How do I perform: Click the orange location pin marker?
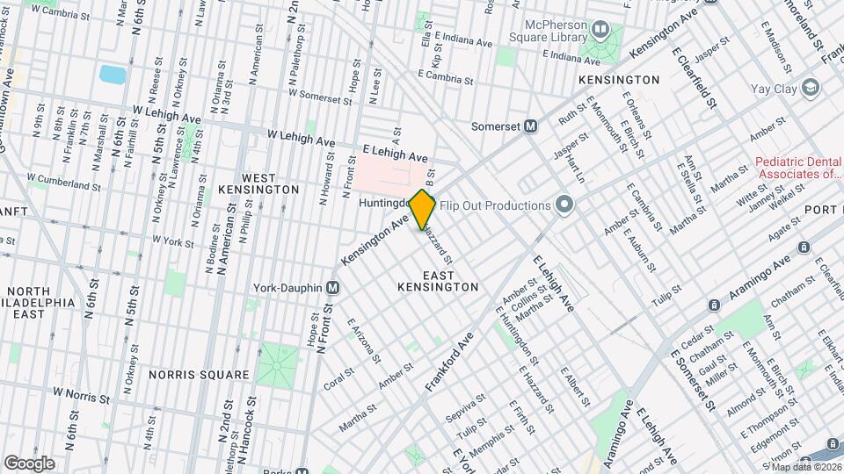[x=423, y=209]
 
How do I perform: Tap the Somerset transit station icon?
[x=531, y=126]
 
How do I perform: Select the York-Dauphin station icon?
[x=332, y=287]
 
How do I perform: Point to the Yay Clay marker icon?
[x=810, y=88]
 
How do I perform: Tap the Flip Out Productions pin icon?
[x=564, y=206]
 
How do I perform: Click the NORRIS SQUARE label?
[x=199, y=375]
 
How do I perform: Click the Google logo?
[x=29, y=463]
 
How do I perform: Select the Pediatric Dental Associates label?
[x=799, y=169]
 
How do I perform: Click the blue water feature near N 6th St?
[x=112, y=74]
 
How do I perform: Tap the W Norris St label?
[x=81, y=395]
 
